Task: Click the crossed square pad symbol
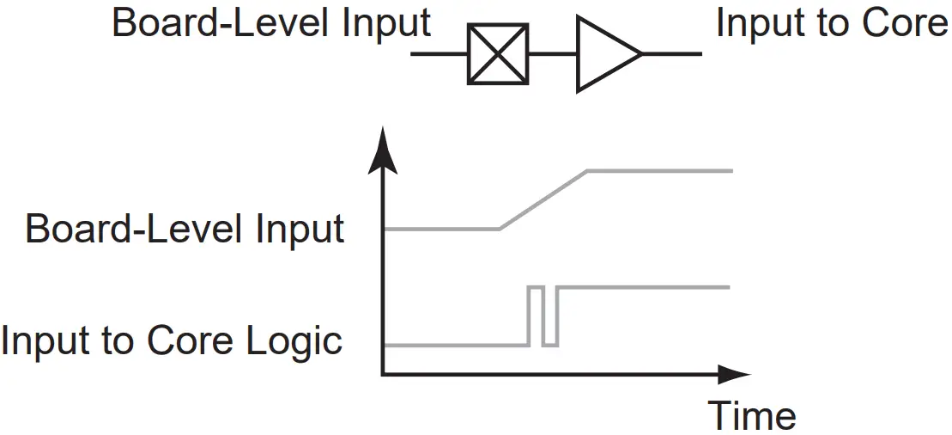[497, 55]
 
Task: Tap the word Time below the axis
[752, 415]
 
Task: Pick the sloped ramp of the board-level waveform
[543, 199]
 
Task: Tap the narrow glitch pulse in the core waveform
[536, 315]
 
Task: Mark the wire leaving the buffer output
[671, 55]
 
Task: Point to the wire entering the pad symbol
[439, 55]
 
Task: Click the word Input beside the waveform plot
[300, 230]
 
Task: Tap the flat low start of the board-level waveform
[441, 230]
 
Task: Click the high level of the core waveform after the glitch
[644, 286]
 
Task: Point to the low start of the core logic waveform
[455, 346]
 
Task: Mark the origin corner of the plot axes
[384, 374]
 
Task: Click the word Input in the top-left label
[386, 23]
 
